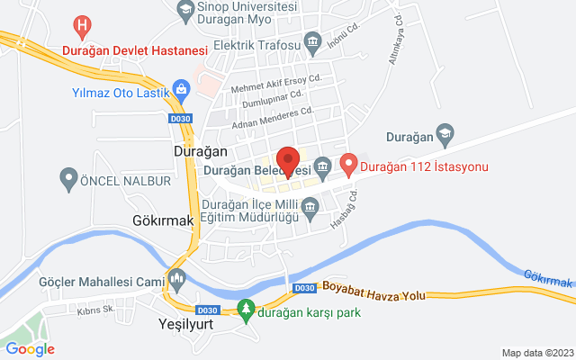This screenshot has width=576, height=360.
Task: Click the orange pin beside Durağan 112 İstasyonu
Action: click(x=349, y=165)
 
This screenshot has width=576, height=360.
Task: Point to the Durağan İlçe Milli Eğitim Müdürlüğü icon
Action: click(x=310, y=209)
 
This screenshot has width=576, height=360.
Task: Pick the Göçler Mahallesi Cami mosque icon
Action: click(x=177, y=277)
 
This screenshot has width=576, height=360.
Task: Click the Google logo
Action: click(x=31, y=349)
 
